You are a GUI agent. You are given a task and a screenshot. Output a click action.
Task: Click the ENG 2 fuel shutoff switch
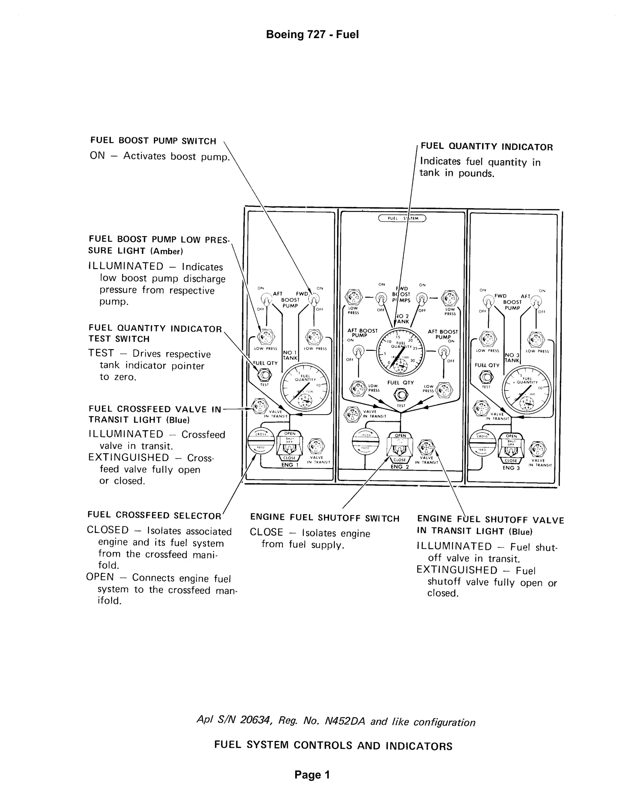[x=400, y=447]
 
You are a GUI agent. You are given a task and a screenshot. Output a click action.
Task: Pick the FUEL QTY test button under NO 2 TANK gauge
[x=401, y=395]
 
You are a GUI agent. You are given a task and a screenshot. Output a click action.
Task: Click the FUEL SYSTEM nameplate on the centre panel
[x=402, y=218]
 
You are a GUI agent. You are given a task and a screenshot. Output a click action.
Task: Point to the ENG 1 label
[x=289, y=465]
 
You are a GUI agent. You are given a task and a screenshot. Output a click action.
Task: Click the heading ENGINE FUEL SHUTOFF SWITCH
[x=325, y=518]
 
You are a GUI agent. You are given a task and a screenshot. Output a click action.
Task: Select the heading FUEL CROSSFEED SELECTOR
[x=154, y=515]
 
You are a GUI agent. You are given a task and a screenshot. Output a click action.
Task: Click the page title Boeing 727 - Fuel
[x=312, y=34]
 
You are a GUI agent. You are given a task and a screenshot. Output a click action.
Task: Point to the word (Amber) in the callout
[x=167, y=251]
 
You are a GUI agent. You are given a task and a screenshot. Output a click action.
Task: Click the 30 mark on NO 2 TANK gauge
[x=413, y=361]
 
